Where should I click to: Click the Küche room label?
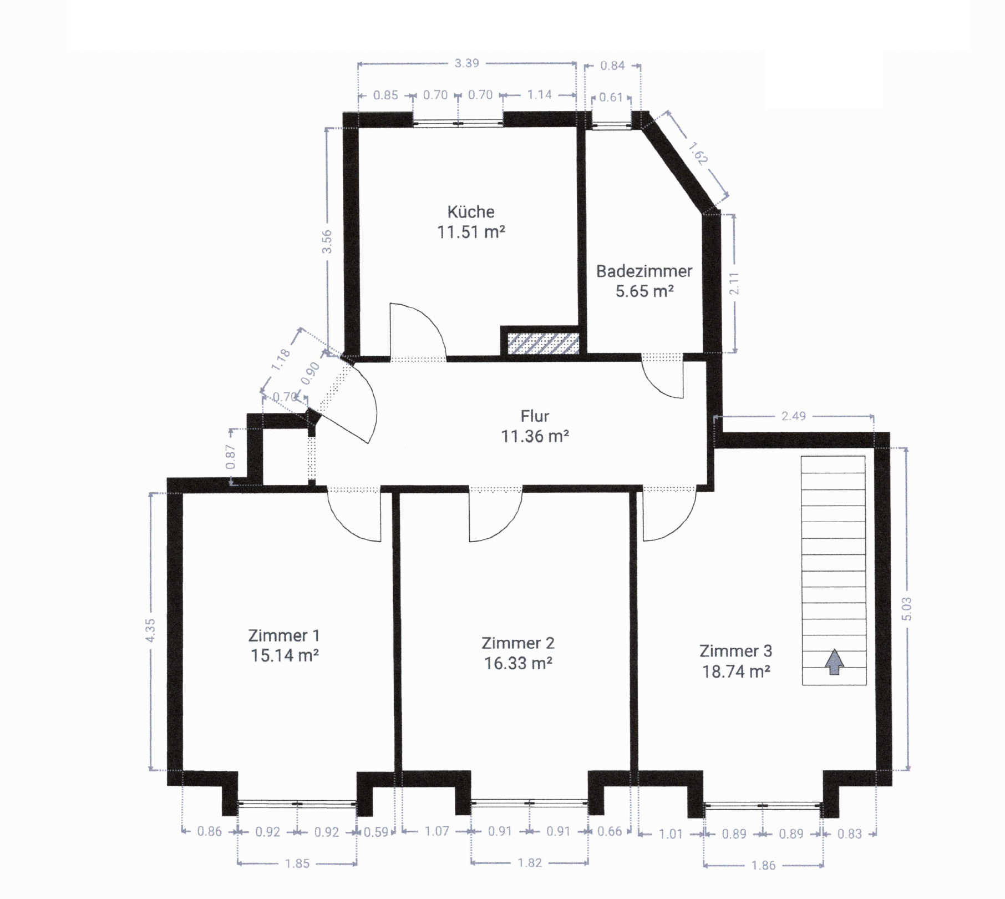(x=470, y=212)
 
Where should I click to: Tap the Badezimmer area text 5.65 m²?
(x=644, y=291)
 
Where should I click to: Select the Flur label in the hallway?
(x=535, y=416)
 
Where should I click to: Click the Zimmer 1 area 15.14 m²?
(x=284, y=656)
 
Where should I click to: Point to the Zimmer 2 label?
(x=517, y=643)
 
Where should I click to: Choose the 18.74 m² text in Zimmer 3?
(x=735, y=672)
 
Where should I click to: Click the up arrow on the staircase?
(x=834, y=663)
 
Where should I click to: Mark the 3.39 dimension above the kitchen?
(x=466, y=63)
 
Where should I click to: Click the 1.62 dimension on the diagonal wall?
(x=698, y=154)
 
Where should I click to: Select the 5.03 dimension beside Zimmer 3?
(x=907, y=609)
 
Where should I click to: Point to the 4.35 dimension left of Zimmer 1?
(x=150, y=631)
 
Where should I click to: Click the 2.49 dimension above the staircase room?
(x=793, y=416)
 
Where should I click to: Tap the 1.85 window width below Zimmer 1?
(x=297, y=864)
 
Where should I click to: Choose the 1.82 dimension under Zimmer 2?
(x=530, y=863)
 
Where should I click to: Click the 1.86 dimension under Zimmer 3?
(x=763, y=865)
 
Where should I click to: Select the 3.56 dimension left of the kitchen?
(x=327, y=241)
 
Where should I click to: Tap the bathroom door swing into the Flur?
(x=666, y=383)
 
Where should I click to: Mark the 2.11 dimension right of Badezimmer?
(x=734, y=284)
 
